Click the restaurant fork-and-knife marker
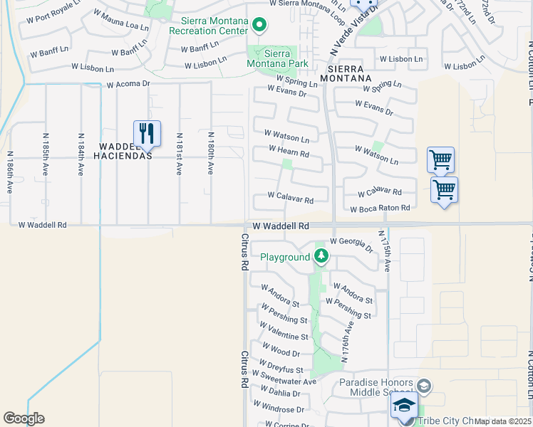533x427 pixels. [x=147, y=132]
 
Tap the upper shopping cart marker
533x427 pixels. [x=440, y=159]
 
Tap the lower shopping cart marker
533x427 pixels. [x=444, y=189]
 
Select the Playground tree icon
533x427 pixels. [x=321, y=256]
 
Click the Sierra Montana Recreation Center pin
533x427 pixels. [x=259, y=26]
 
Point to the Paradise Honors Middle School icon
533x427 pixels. [x=423, y=386]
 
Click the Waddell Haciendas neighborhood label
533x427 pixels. [x=122, y=150]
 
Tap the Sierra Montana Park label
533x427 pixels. [x=278, y=58]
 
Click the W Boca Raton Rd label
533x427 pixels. [x=380, y=209]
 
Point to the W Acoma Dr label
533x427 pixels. [x=128, y=83]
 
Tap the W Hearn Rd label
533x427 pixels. [x=289, y=153]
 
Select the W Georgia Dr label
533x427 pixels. [x=351, y=246]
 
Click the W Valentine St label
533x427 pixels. [x=284, y=332]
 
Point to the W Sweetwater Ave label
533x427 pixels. [x=284, y=377]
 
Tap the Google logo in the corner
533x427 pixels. [x=24, y=418]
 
